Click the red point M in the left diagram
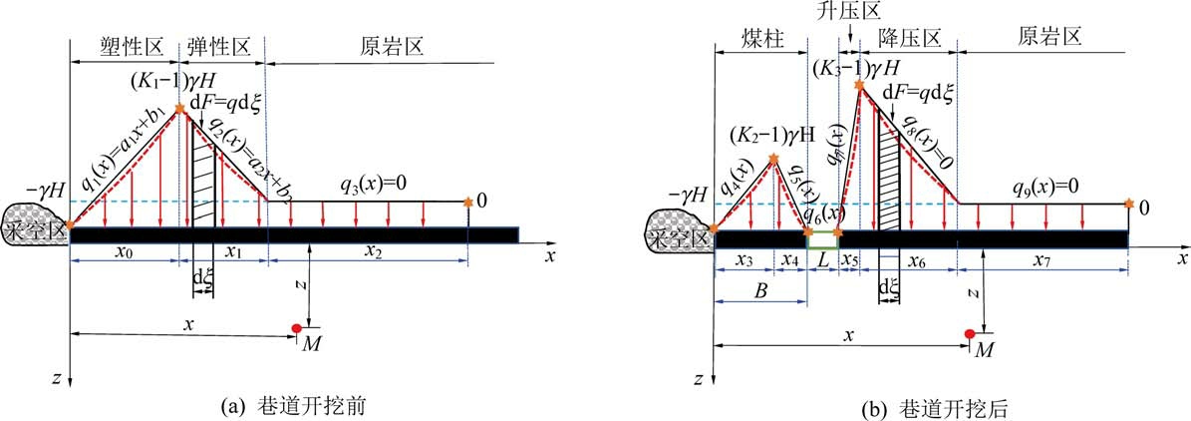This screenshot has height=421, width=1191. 297,328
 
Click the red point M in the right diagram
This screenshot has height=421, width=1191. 969,333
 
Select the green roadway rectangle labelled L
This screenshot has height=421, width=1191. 822,240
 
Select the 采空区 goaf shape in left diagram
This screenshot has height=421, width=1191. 37,224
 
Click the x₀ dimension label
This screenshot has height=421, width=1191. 124,276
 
